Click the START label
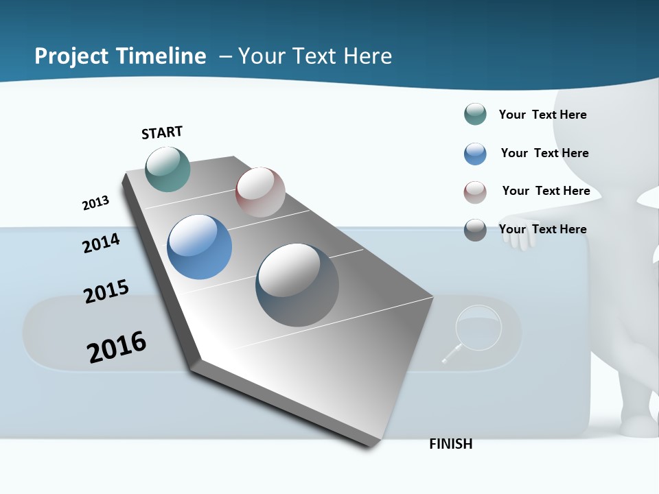[x=162, y=132]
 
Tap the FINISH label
[x=451, y=444]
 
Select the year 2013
[x=95, y=203]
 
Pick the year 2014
[x=101, y=243]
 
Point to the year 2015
[x=106, y=292]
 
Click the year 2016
[x=117, y=346]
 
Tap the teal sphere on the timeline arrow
[x=167, y=169]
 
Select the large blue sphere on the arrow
[x=200, y=247]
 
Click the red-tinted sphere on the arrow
[x=260, y=192]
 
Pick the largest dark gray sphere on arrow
[x=297, y=285]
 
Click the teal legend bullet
[x=475, y=115]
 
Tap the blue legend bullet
[x=475, y=154]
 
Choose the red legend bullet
[x=475, y=192]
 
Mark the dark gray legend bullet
[x=475, y=230]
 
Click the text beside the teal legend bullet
[x=542, y=115]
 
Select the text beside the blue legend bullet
[x=544, y=153]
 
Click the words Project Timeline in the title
[x=120, y=56]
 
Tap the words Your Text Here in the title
[x=314, y=56]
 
